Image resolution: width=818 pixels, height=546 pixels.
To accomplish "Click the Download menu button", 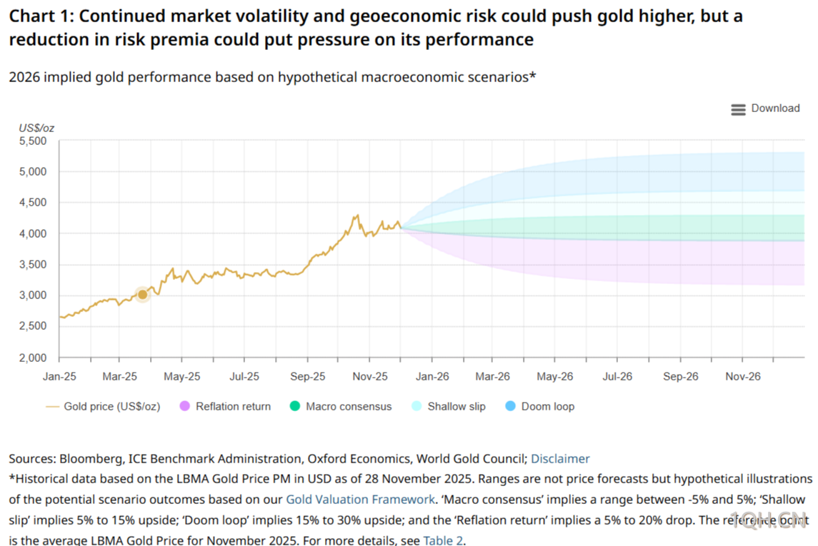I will (x=765, y=108).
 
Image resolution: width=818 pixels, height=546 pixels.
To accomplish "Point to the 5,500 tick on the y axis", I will (x=31, y=141).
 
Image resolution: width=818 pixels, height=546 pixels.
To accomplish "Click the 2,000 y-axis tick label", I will (x=31, y=358).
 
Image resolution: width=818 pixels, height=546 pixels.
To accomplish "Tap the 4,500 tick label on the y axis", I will (x=31, y=203).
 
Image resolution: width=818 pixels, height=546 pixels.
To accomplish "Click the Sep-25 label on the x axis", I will (x=309, y=377).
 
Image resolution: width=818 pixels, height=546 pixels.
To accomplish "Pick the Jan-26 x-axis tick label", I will (x=432, y=377).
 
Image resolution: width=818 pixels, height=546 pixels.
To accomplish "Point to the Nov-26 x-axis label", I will (x=743, y=377).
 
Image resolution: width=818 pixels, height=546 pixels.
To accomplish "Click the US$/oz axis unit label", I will (x=36, y=128).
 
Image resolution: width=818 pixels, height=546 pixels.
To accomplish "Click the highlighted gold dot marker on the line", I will (x=142, y=295).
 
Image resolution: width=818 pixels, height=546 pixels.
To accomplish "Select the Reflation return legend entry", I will (x=225, y=407).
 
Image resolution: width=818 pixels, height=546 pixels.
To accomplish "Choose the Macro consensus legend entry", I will (x=341, y=407).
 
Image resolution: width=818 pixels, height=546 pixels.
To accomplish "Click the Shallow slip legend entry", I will (x=449, y=407).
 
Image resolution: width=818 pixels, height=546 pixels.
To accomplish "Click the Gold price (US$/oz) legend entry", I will (x=104, y=407).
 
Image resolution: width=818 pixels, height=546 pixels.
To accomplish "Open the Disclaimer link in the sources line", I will (x=560, y=459).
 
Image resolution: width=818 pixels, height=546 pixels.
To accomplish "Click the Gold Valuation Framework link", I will (x=360, y=500).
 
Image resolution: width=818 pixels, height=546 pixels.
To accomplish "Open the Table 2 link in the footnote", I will (x=443, y=540).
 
